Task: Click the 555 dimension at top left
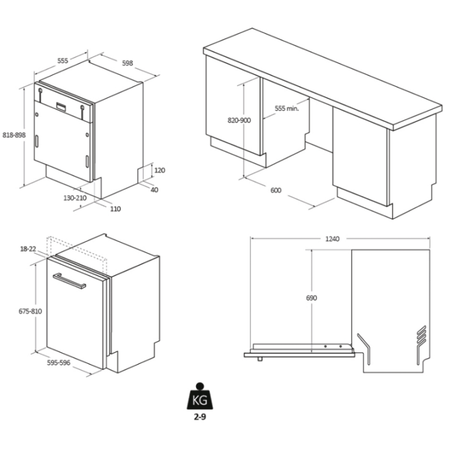click(x=63, y=60)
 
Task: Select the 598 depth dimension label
click(x=127, y=63)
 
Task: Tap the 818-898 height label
click(x=14, y=135)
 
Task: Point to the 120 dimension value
click(x=160, y=170)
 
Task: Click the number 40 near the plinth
click(x=154, y=190)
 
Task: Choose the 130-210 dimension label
click(x=75, y=198)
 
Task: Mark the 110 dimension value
click(x=116, y=209)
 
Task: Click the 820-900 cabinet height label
click(x=239, y=120)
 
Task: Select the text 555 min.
click(x=287, y=108)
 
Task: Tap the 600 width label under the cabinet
click(x=276, y=190)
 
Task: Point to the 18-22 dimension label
click(x=28, y=249)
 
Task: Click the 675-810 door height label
click(x=30, y=311)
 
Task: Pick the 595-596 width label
click(x=59, y=363)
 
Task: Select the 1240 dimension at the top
click(x=332, y=239)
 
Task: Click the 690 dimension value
click(x=311, y=298)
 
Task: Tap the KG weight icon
click(x=200, y=396)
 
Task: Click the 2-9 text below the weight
click(x=200, y=417)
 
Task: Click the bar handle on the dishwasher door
click(x=70, y=280)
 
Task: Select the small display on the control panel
click(x=61, y=106)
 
